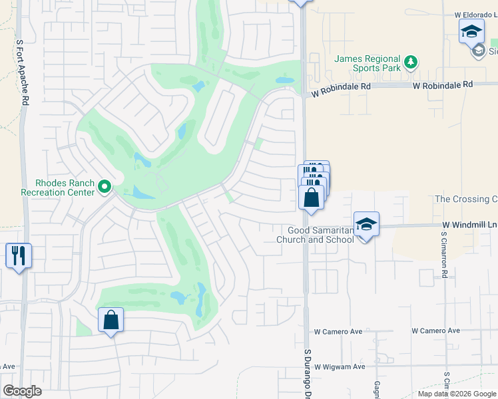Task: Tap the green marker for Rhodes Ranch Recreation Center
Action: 104,188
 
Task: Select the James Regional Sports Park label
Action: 368,63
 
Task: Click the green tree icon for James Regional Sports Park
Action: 411,63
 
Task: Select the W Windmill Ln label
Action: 469,225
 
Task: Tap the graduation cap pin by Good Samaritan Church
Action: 366,224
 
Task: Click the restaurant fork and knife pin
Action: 19,255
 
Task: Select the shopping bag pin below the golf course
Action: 111,320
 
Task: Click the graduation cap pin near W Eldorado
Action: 471,31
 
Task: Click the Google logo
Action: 22,391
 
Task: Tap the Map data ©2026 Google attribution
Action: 456,394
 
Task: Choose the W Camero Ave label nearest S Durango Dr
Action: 338,331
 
